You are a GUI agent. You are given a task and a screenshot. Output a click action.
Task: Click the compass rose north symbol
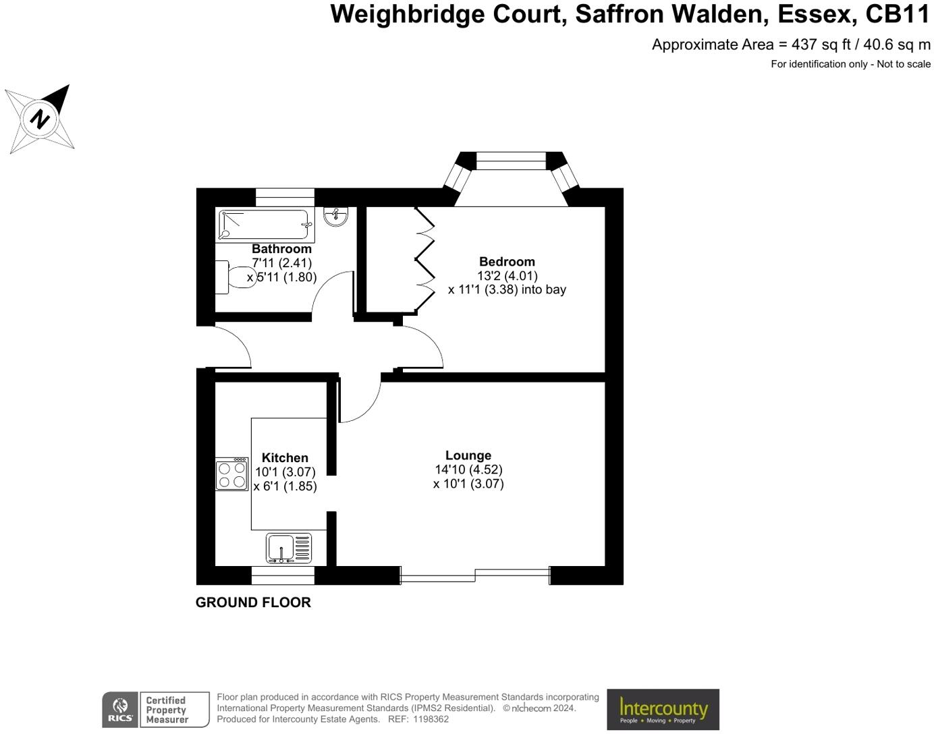40,119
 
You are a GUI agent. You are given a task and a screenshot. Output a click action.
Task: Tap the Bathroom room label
281,249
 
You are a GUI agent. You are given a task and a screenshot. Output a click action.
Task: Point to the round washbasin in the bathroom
335,216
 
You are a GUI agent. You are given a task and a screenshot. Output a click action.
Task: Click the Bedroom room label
507,262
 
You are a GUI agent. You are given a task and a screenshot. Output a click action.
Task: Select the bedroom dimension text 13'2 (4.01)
507,276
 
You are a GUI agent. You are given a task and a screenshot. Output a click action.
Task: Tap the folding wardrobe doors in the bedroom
425,260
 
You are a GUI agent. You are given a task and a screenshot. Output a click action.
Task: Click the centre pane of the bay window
510,161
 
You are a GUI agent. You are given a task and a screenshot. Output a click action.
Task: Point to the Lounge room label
468,455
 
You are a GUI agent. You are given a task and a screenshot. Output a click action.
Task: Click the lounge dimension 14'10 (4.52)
468,470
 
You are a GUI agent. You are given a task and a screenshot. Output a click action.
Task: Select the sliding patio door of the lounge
475,575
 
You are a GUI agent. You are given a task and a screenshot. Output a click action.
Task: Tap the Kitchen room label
285,457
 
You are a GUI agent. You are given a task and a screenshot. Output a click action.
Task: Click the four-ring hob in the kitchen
232,474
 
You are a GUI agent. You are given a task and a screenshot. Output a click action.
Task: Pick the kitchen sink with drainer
289,547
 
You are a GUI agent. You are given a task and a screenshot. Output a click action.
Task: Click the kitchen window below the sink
283,575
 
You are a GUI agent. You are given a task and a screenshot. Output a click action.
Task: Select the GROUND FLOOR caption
253,602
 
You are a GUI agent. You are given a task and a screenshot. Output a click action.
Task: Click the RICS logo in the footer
120,710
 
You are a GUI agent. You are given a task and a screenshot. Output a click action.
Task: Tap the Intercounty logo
663,709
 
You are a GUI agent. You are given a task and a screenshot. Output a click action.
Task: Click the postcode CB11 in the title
898,14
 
